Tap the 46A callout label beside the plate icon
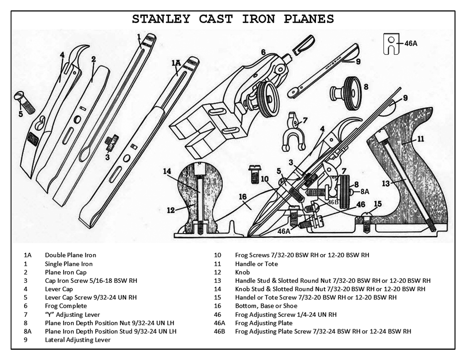411,43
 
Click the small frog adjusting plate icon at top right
391,43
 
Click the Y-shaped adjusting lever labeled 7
294,132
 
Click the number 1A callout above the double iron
176,63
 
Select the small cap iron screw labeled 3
111,143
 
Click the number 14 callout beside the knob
167,171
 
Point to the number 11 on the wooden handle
420,138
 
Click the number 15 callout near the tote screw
378,204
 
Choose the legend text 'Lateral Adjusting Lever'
78,340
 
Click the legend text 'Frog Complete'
66,306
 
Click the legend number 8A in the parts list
28,331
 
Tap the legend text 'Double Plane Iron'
70,255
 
